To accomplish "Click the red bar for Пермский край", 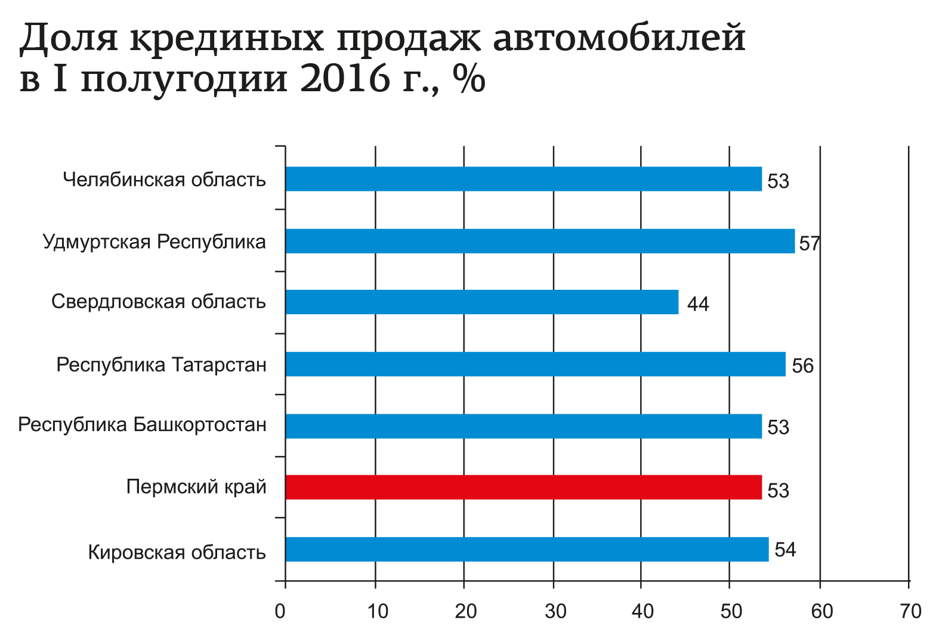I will click(x=524, y=487).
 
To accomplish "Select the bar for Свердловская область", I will click(x=482, y=302).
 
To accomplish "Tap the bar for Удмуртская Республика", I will click(x=540, y=241).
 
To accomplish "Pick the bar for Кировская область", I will click(x=527, y=549).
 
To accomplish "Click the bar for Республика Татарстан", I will click(x=535, y=364).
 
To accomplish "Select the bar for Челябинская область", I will click(x=524, y=179).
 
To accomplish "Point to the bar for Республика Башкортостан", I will click(x=524, y=426).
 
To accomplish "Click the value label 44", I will click(x=698, y=304).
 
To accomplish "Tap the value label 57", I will click(x=810, y=243).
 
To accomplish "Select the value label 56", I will click(x=802, y=365).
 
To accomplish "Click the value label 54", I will click(x=785, y=550).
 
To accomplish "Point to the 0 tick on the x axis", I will click(x=280, y=611).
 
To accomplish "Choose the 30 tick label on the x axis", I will click(x=555, y=611).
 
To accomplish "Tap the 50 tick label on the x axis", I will click(x=731, y=611).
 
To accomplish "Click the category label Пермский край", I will click(x=196, y=487).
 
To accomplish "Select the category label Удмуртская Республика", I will click(x=155, y=241).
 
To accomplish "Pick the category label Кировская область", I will click(x=177, y=552).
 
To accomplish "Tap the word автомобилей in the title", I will click(x=620, y=38).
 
